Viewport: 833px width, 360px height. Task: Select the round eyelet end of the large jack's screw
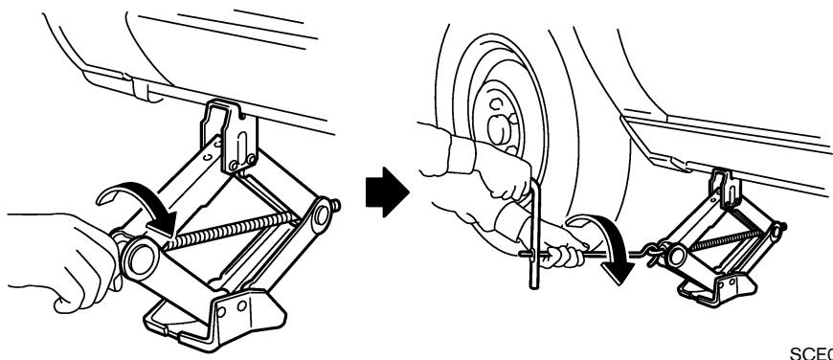click(144, 255)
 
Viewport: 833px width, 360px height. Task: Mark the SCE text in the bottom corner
click(818, 352)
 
